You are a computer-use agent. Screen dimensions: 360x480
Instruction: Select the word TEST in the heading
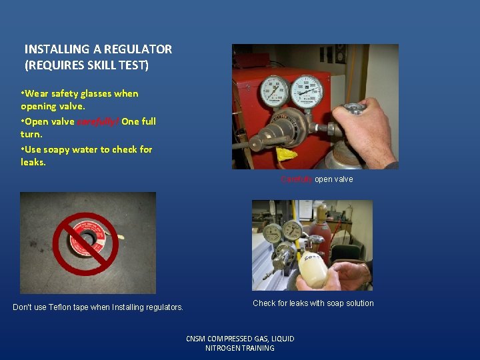(133, 65)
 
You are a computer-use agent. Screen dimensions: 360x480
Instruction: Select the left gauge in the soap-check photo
(272, 234)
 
